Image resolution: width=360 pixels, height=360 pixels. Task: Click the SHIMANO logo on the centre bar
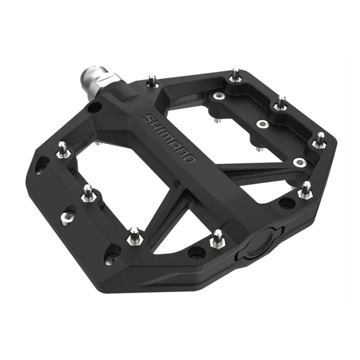click(169, 138)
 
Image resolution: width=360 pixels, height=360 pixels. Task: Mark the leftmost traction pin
click(63, 149)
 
